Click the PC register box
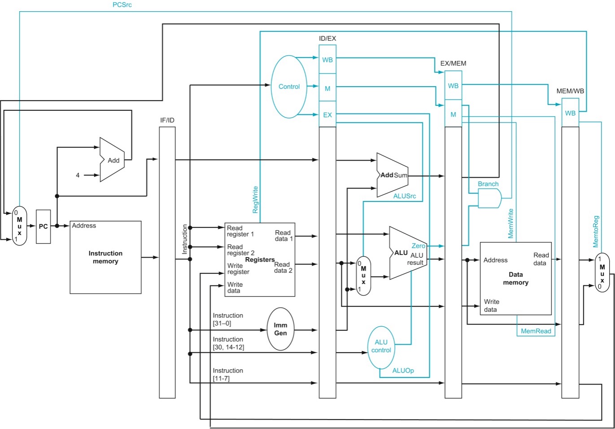(43, 227)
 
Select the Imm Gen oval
(280, 329)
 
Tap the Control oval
(289, 87)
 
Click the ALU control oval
(381, 346)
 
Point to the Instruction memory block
(105, 257)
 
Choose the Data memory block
(515, 278)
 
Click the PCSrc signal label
(122, 5)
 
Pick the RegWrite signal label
(255, 200)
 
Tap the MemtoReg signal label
(596, 232)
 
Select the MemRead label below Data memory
(536, 331)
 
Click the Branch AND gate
(489, 198)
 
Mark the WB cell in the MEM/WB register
(570, 113)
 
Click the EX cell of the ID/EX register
(327, 115)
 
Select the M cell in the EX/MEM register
(453, 114)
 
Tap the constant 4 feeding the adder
(78, 175)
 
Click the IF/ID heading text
(167, 120)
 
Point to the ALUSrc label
(404, 196)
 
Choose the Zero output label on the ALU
(418, 246)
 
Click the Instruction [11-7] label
(228, 374)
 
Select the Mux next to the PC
(19, 226)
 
